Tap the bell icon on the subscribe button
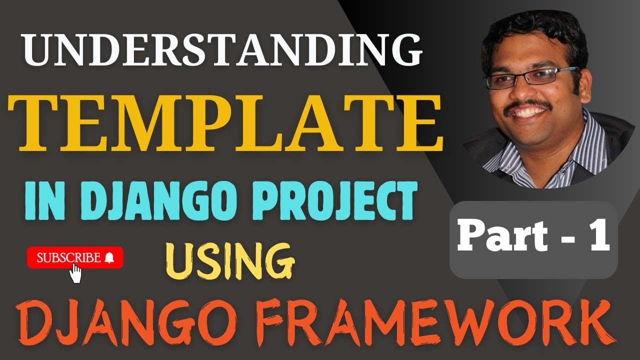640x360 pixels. (109, 258)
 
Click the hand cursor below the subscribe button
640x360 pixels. (76, 273)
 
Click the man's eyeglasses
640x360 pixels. (533, 77)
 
